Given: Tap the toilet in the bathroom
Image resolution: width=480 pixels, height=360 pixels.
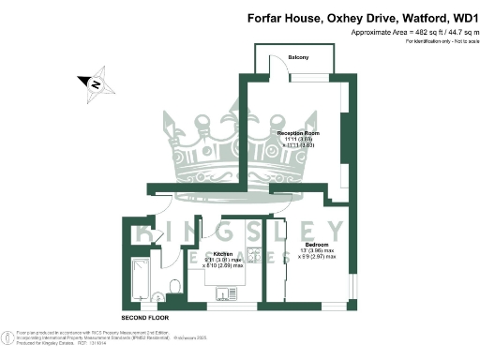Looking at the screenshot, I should [172, 286].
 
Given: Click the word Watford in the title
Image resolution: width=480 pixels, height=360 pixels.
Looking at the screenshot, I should [410, 17].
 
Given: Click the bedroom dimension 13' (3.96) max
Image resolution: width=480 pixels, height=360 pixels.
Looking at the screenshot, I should [317, 249].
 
